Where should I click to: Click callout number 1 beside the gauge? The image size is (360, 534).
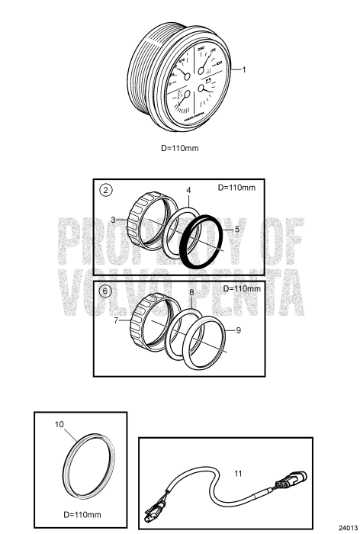pyautogui.click(x=245, y=69)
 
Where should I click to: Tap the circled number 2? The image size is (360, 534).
pyautogui.click(x=107, y=190)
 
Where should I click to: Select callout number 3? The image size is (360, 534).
pyautogui.click(x=112, y=220)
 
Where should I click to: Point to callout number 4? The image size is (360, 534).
pyautogui.click(x=188, y=190)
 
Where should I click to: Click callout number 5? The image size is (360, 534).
pyautogui.click(x=237, y=228)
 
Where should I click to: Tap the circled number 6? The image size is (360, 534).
pyautogui.click(x=107, y=291)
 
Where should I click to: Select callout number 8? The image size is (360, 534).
pyautogui.click(x=191, y=293)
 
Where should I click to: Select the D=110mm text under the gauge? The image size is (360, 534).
pyautogui.click(x=180, y=147)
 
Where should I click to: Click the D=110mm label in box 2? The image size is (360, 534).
pyautogui.click(x=237, y=188)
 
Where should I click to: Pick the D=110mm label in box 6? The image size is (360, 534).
pyautogui.click(x=242, y=289)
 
